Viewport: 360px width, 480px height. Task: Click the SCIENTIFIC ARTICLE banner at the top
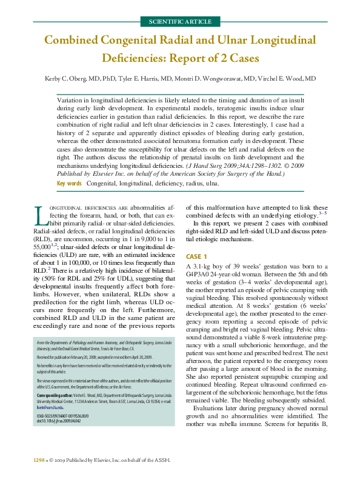[x=179, y=22]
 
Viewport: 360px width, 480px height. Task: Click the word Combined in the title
[x=73, y=41]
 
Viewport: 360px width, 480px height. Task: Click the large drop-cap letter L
[x=39, y=216]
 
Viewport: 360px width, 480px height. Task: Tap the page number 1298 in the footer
[x=39, y=461]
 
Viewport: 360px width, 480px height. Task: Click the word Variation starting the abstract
[x=71, y=98]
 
